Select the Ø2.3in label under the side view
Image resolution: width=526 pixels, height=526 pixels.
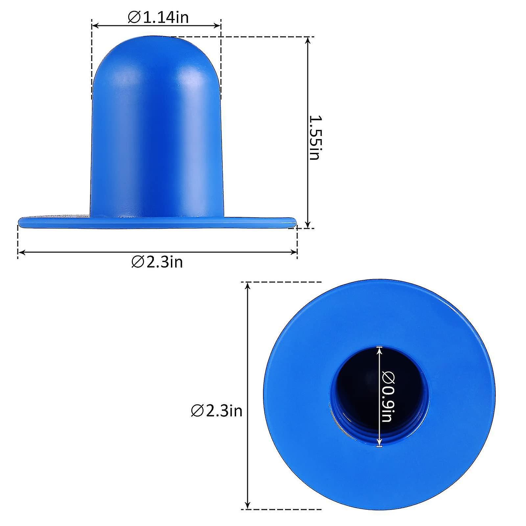(157, 262)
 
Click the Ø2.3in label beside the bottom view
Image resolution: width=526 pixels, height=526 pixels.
(217, 411)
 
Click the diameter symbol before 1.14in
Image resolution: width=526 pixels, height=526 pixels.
(134, 17)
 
